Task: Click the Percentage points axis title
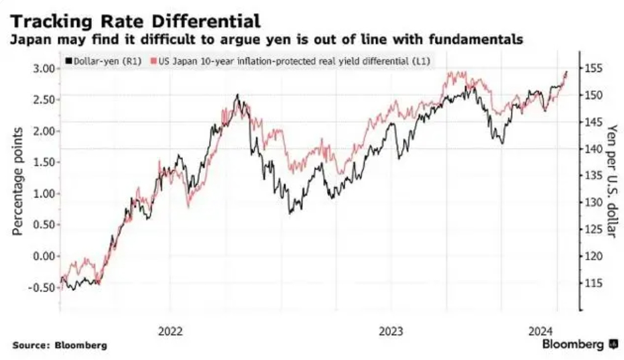click(18, 180)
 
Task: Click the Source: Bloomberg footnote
click(60, 345)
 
